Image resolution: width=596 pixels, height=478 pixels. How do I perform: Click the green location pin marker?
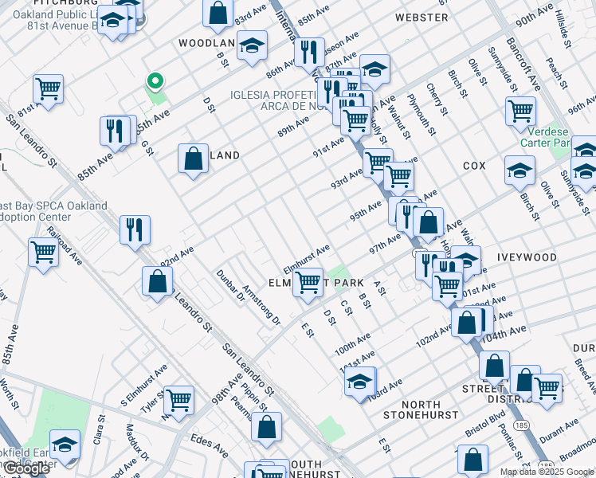point(155,80)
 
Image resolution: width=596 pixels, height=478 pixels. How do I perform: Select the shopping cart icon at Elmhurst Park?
point(308,281)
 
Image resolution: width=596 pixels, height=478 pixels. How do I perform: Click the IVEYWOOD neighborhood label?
point(527,257)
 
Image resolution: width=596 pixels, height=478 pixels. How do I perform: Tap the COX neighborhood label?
point(473,166)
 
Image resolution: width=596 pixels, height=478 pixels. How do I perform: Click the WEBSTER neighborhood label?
point(421,17)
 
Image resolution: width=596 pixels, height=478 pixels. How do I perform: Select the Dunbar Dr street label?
point(229,288)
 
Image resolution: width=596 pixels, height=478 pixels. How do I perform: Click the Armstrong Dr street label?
point(261,305)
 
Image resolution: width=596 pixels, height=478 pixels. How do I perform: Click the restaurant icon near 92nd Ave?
point(135,229)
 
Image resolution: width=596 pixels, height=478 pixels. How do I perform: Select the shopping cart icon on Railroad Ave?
point(43,253)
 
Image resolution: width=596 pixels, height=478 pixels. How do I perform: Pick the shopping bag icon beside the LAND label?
point(193,158)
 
